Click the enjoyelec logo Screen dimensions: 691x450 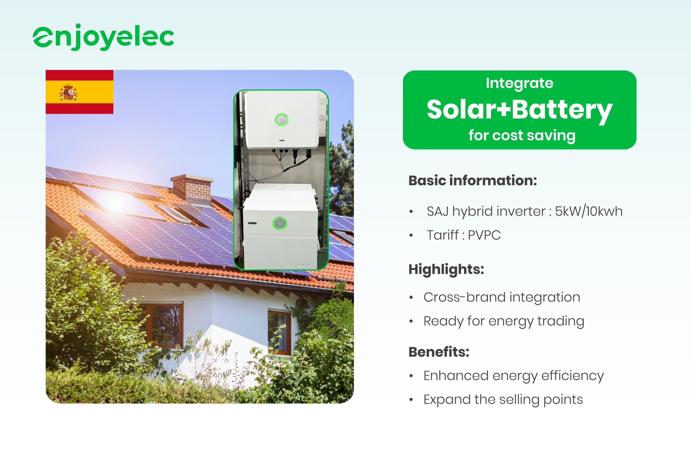[x=103, y=38]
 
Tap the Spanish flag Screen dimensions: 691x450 [x=79, y=92]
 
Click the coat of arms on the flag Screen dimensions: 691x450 [x=68, y=92]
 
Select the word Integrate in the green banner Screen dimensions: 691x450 [x=519, y=84]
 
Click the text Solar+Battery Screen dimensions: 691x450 [x=519, y=110]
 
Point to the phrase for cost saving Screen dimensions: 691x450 [x=522, y=135]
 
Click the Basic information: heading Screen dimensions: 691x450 [x=472, y=180]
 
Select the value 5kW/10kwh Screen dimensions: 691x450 [x=588, y=211]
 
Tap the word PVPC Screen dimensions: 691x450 [x=484, y=235]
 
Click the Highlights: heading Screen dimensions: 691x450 [x=446, y=269]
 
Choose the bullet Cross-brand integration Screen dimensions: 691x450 [x=502, y=297]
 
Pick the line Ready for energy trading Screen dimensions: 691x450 [x=504, y=321]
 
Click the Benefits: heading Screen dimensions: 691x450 [x=439, y=352]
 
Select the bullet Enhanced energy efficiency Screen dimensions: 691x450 [x=514, y=376]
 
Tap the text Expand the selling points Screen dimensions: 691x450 [x=503, y=400]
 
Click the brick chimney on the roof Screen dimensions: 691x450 [x=192, y=189]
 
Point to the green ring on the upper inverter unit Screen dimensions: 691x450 [x=282, y=120]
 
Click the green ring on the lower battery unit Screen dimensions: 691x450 [x=280, y=223]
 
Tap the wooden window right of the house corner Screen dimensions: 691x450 [x=279, y=332]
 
